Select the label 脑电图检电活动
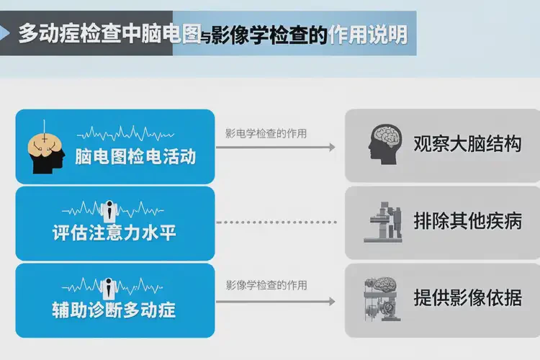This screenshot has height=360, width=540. pos(135,157)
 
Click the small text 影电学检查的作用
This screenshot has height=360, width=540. pos(266,133)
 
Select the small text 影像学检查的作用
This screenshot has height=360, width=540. pos(266,285)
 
